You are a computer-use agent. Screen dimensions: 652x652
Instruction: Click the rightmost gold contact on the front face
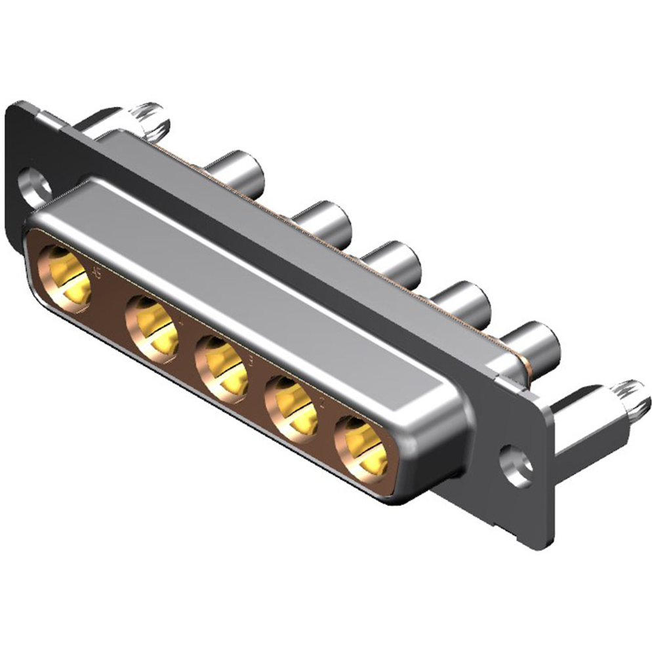click(361, 449)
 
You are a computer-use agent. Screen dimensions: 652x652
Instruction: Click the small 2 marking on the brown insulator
click(321, 401)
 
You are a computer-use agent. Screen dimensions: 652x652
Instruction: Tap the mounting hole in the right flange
click(516, 465)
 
